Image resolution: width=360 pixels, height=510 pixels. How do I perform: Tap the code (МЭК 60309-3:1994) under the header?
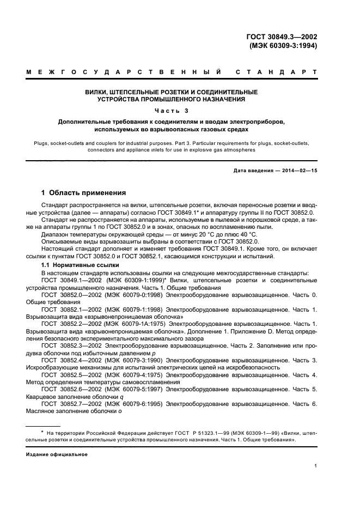coord(283,46)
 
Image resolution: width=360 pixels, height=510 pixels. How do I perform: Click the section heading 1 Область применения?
coord(84,193)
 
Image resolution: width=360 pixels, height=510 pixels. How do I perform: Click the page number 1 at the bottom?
coord(316,466)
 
